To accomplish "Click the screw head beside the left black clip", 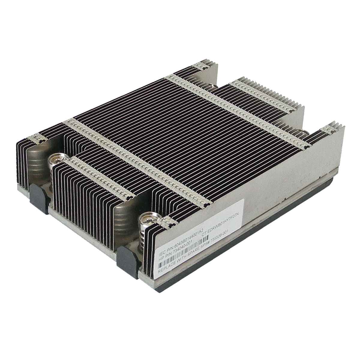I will click(55, 157).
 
